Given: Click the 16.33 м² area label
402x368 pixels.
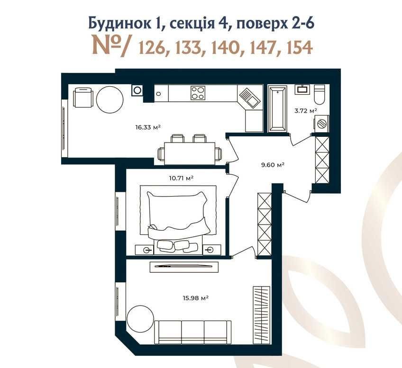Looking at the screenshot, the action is coord(148,127).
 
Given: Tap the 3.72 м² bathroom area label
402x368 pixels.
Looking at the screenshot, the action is coord(306,111).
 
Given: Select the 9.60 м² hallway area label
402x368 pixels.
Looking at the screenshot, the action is coord(273,165).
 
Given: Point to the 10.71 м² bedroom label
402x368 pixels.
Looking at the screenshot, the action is coord(181,178).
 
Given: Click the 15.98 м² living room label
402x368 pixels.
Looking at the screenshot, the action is coord(195,298).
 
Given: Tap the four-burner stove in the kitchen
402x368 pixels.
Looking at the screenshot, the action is coord(198,93).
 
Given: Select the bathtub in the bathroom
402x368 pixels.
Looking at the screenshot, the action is coord(277,109).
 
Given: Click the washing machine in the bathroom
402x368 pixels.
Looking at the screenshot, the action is coord(321,124).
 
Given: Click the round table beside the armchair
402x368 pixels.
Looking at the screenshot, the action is coord(110,99).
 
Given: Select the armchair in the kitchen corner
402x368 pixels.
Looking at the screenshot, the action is coord(82,98).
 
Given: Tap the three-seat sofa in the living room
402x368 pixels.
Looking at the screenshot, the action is coord(193,332).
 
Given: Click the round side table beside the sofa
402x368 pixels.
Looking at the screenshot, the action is coord(140,320).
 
